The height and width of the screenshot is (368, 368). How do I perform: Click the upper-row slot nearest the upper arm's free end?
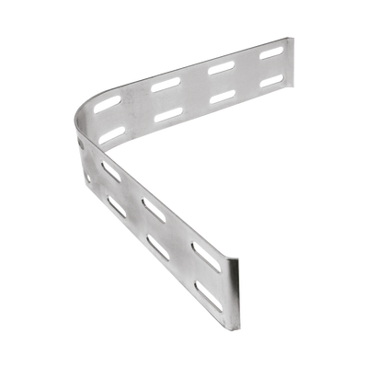click(x=270, y=54)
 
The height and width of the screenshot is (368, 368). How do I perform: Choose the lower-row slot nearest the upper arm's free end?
click(x=270, y=83)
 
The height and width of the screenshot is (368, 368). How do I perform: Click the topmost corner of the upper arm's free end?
click(x=285, y=38)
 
